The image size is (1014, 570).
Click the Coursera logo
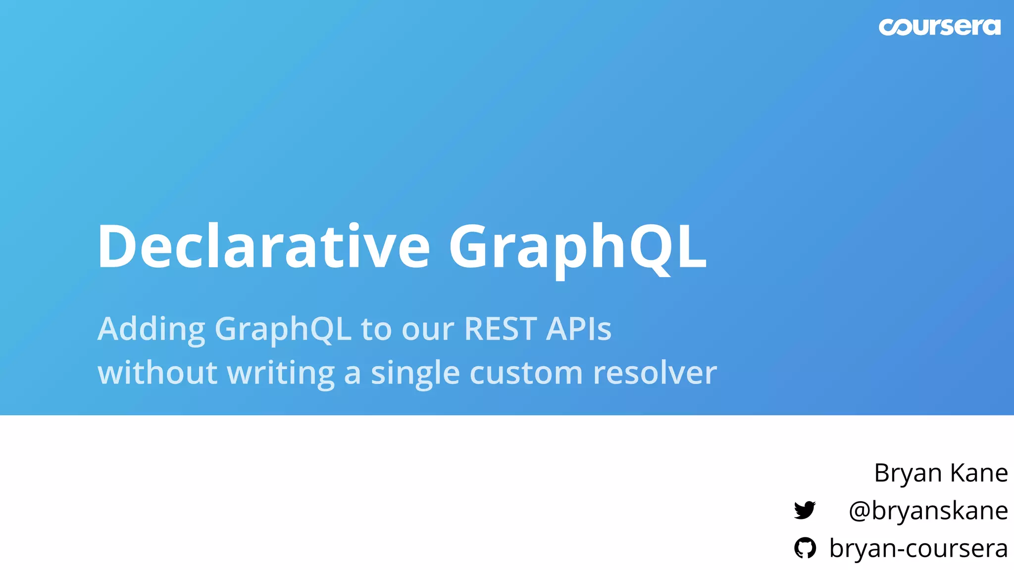pos(939,27)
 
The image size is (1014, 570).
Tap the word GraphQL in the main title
pos(577,246)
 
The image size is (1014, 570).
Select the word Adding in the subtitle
pos(151,329)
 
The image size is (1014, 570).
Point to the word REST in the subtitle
pos(501,329)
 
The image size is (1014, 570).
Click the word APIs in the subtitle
pos(579,329)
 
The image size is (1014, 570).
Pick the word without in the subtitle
pos(157,372)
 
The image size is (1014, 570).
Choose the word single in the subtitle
pos(415,373)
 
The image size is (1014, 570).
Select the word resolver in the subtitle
pos(655,372)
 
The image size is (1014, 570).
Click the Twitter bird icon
pos(805,510)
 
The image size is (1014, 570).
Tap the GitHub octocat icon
pos(805,548)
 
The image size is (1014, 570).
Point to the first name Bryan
pos(908,474)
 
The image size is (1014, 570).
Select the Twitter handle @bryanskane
pos(928,511)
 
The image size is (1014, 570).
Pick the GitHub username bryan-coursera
pos(918,548)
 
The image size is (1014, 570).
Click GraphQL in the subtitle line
pos(283,329)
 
